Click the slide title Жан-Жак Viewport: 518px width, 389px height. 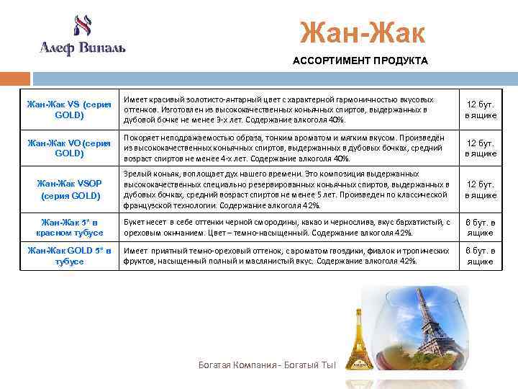tap(363, 32)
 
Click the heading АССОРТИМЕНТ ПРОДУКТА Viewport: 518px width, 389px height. tap(360, 61)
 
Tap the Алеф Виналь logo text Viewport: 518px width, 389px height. tap(82, 48)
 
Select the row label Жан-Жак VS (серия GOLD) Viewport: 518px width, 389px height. tap(69, 109)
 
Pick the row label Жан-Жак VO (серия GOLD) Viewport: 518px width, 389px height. tap(69, 148)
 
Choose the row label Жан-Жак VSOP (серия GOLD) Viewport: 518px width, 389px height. tap(69, 190)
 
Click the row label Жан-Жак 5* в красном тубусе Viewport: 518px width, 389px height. tap(69, 228)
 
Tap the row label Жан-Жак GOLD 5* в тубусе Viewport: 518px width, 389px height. tap(69, 256)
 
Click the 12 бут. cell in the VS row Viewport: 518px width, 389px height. tap(480, 109)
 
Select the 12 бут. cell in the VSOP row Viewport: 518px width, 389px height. tap(480, 190)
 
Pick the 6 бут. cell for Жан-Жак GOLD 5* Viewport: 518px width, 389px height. tap(480, 256)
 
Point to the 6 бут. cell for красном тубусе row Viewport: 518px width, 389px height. tap(480, 228)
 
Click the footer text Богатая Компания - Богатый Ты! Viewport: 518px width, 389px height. tap(268, 365)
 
